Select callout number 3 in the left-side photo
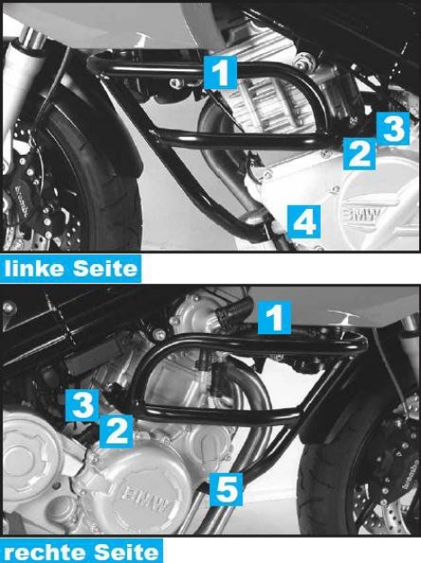(x=391, y=129)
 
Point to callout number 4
(x=303, y=219)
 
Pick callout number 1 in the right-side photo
(x=275, y=315)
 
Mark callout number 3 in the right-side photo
(x=83, y=404)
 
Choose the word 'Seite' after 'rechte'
(x=126, y=549)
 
